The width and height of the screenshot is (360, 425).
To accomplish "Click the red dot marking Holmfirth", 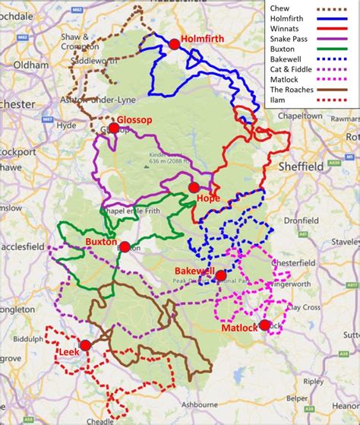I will point(174,45).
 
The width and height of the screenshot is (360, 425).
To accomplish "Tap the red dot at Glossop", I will point(113,128).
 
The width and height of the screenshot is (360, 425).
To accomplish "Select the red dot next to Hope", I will point(194,187).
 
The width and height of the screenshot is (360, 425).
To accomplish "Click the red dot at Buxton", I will point(125,246).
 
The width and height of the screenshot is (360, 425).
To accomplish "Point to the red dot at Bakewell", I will point(220,275).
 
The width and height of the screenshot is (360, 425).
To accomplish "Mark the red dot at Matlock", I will point(264,325).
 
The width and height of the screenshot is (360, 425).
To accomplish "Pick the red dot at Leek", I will point(86,345).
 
